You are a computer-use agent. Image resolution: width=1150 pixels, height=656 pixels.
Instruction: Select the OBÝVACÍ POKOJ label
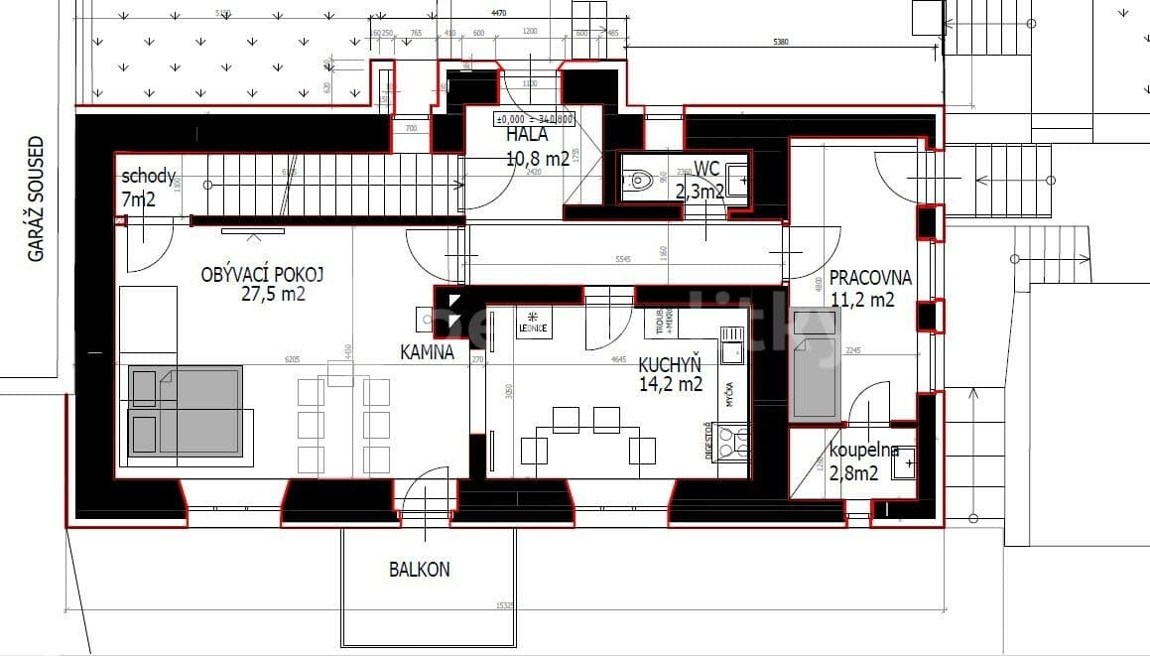(x=262, y=275)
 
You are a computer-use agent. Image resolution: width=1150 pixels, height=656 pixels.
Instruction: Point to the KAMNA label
(x=428, y=351)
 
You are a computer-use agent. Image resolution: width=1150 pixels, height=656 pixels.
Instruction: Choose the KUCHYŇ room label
(x=670, y=363)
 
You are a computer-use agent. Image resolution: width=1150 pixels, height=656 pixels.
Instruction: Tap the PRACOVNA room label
(x=870, y=278)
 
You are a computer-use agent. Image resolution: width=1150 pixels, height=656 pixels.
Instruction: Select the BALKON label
(x=419, y=570)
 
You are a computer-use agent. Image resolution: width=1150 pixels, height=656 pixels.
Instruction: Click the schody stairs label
(x=149, y=178)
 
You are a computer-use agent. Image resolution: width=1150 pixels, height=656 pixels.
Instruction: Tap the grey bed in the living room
(x=186, y=411)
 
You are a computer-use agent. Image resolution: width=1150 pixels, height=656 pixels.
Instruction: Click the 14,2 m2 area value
(x=671, y=384)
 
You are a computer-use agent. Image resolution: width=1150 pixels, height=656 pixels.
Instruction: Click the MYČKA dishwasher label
(x=729, y=394)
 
